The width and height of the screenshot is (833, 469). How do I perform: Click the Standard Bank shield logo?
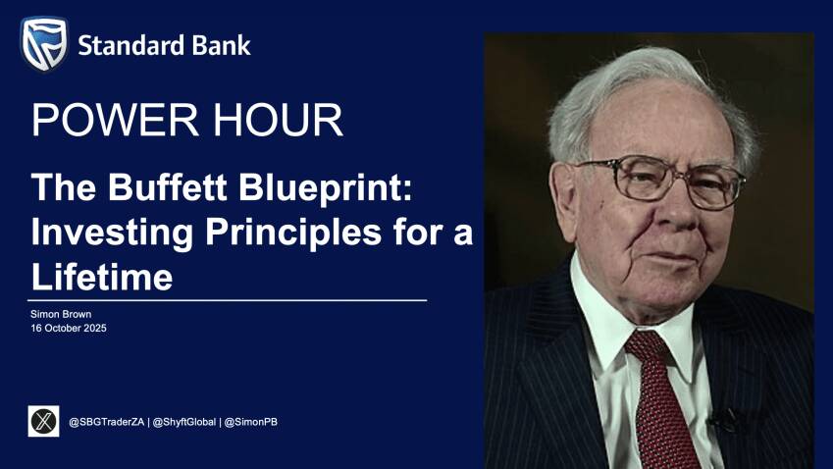pos(44,43)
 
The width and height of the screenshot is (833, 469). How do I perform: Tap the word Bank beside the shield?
pos(221,46)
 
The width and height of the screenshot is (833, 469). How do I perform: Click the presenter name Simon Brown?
pos(61,314)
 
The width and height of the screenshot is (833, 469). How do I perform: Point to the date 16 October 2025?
pos(69,328)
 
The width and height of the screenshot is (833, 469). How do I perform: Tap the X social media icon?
pos(43,421)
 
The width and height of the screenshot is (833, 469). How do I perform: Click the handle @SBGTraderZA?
pos(106,422)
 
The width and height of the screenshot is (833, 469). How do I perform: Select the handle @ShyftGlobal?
pos(184,422)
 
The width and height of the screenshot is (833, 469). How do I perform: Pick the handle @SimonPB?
pos(251,422)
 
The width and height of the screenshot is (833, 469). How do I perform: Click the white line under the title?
pos(228,300)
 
